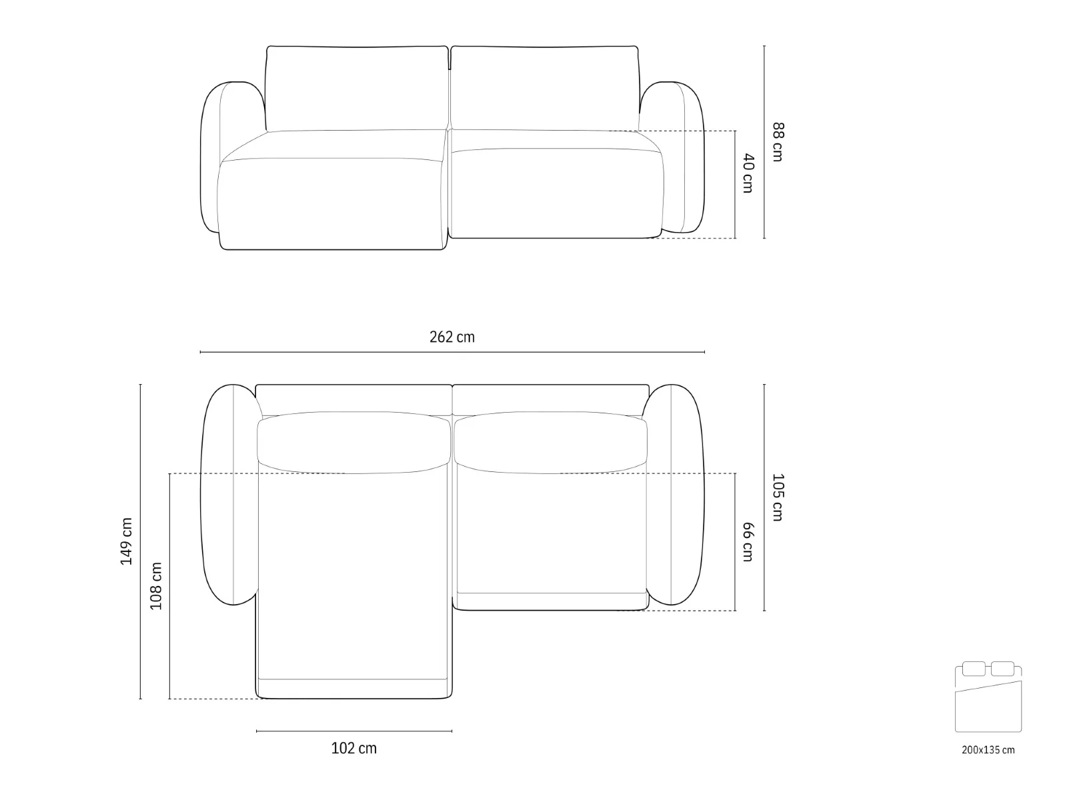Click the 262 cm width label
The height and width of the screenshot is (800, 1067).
pyautogui.click(x=451, y=337)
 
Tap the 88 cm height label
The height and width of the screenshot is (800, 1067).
pyautogui.click(x=778, y=142)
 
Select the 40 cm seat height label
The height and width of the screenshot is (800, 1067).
pyautogui.click(x=748, y=173)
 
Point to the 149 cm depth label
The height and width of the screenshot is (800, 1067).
pyautogui.click(x=127, y=541)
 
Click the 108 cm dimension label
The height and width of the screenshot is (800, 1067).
pyautogui.click(x=155, y=586)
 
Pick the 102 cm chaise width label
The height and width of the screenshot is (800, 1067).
pyautogui.click(x=354, y=748)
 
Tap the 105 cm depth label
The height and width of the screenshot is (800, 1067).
pyautogui.click(x=778, y=497)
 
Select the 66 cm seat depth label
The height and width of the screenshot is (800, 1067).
pyautogui.click(x=748, y=542)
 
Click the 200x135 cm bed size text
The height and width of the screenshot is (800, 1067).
pyautogui.click(x=988, y=750)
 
